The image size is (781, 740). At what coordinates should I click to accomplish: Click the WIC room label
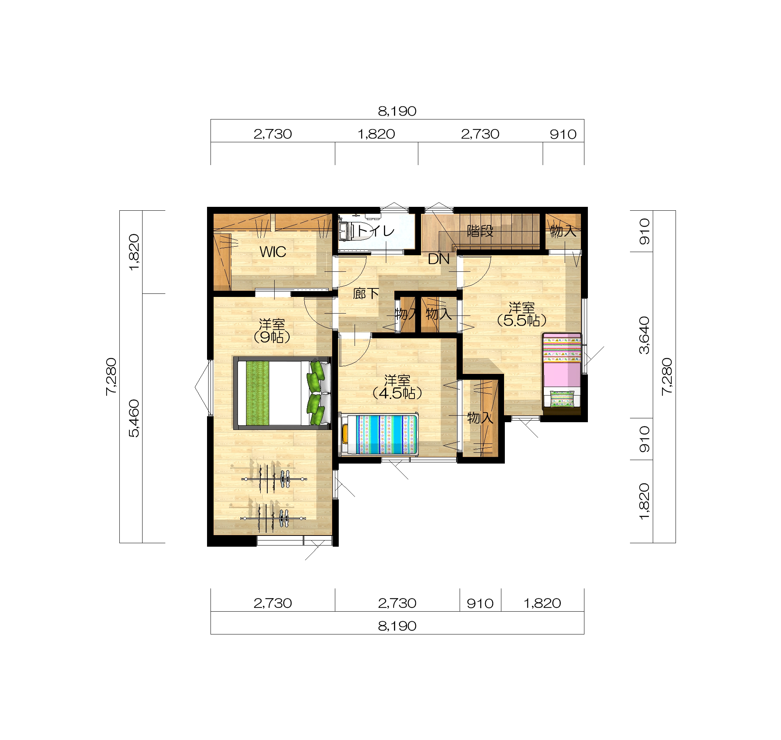click(x=273, y=252)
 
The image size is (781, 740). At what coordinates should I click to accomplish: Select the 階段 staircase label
click(x=480, y=231)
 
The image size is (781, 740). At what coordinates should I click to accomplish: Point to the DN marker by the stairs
click(x=438, y=259)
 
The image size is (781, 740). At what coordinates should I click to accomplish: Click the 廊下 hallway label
click(x=366, y=293)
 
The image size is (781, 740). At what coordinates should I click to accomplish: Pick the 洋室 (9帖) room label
click(x=272, y=331)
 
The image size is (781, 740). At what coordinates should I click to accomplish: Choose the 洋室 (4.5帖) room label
click(x=397, y=387)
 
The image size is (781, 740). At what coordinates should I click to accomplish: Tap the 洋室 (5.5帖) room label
click(x=522, y=314)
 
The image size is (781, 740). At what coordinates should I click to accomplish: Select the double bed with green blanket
click(x=282, y=393)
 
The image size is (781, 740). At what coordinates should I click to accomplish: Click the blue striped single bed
click(x=379, y=434)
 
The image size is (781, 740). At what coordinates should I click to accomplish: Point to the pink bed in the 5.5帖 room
click(x=562, y=371)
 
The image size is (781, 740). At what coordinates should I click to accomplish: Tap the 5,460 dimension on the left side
click(x=134, y=418)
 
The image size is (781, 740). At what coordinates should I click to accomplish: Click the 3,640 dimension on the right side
click(x=644, y=335)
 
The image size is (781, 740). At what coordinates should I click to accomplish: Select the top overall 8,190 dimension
click(x=397, y=111)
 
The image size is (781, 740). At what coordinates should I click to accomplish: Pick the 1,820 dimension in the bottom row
click(x=542, y=603)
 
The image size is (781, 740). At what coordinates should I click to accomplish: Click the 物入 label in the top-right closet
click(x=563, y=231)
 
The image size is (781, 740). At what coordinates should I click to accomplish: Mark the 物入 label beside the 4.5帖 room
click(x=480, y=418)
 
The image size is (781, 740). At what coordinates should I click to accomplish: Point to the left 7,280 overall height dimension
click(x=111, y=376)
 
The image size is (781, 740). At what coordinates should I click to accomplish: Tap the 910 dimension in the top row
click(x=563, y=135)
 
